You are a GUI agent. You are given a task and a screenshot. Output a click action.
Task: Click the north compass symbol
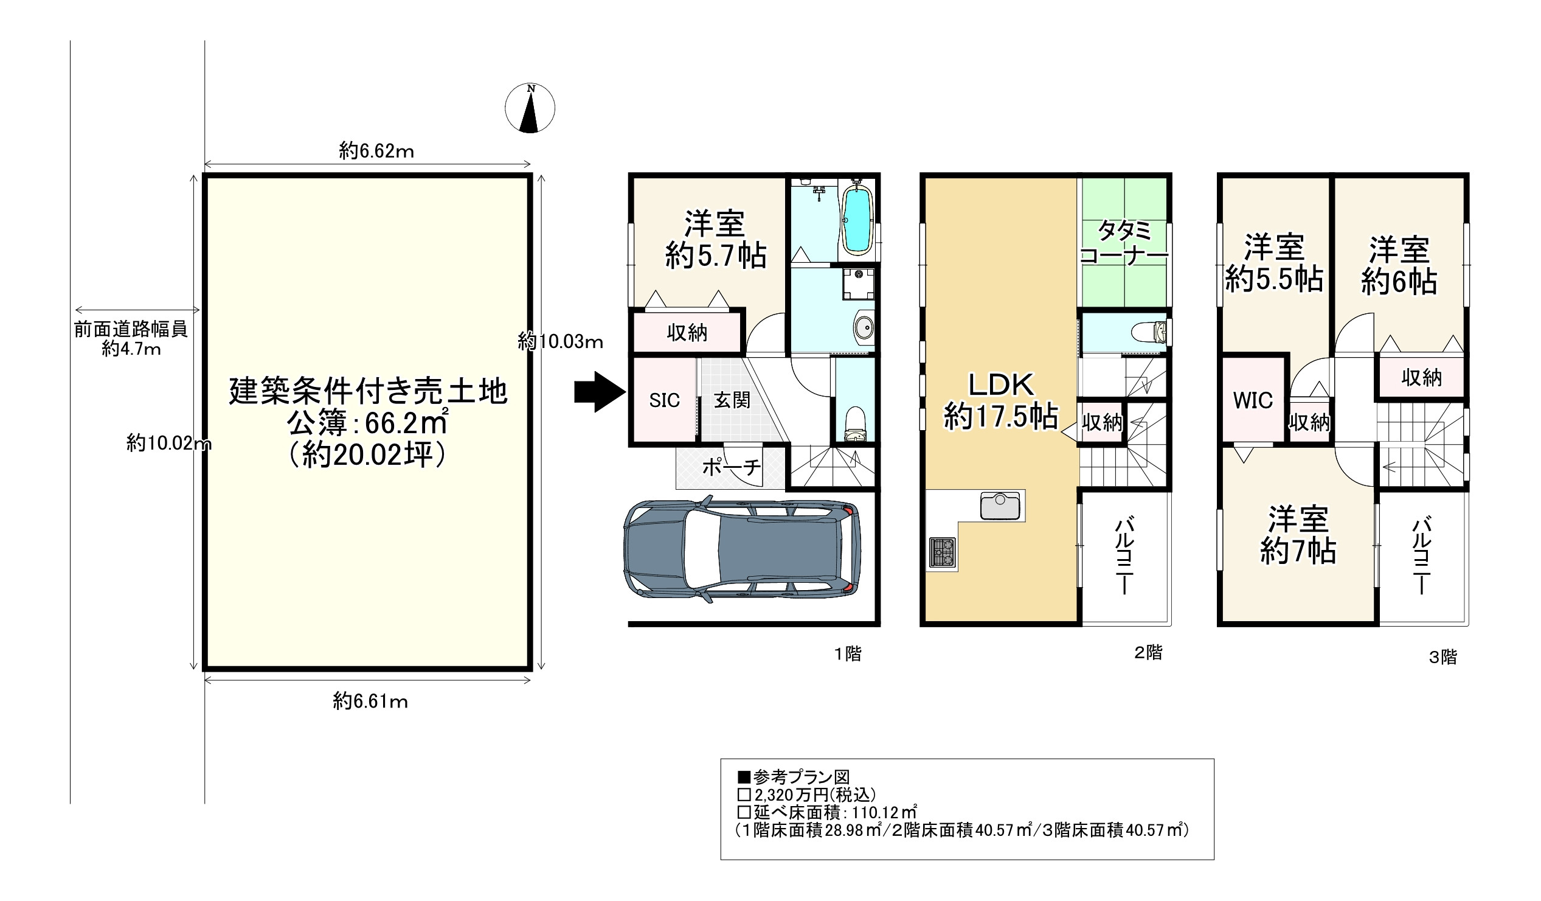tap(530, 108)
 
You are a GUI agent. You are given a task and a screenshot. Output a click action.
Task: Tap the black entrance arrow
tap(600, 392)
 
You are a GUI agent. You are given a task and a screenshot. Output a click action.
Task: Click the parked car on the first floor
tap(742, 549)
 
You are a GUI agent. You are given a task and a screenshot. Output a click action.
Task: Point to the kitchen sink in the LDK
tap(1000, 506)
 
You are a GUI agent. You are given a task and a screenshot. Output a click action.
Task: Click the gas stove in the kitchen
tap(943, 552)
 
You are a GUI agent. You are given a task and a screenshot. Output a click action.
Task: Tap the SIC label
tap(664, 400)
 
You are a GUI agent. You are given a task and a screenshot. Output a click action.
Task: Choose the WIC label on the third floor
tap(1252, 400)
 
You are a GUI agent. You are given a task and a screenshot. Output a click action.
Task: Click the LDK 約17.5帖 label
tap(1001, 402)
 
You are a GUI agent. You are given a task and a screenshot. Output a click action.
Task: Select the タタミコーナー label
tap(1124, 243)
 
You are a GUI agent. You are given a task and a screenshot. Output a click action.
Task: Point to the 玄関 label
tap(732, 400)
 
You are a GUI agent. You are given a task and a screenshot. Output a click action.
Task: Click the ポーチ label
tap(732, 467)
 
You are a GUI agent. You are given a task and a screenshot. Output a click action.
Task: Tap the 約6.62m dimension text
tap(376, 150)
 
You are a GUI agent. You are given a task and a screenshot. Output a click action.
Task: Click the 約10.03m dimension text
tap(560, 341)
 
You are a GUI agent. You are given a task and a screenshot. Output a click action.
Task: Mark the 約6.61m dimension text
tap(370, 701)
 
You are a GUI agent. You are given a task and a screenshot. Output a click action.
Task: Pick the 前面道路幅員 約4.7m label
tap(131, 339)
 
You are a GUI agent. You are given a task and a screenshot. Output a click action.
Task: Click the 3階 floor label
tap(1442, 658)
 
